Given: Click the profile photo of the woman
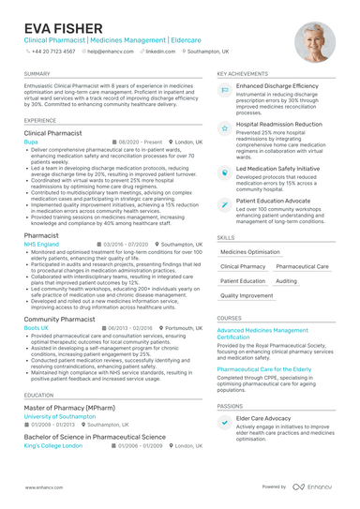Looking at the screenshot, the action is tap(314, 42).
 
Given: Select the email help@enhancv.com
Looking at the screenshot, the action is tap(112, 52).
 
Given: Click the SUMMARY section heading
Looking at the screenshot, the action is tap(37, 72).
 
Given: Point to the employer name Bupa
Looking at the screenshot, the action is tap(31, 142).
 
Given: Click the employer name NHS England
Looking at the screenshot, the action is tap(41, 244).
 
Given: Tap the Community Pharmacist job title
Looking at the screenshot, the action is tap(59, 318).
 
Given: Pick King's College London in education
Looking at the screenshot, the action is tap(52, 445).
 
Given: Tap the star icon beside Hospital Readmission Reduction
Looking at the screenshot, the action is tap(225, 127).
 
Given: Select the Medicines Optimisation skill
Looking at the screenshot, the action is tap(250, 252).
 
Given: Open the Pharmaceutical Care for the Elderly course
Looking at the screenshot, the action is tap(263, 369).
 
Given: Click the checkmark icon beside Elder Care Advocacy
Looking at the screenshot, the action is tap(225, 422).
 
